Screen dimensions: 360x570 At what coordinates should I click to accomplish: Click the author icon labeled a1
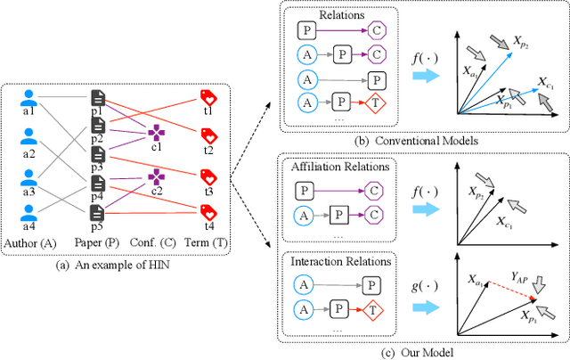click(28, 98)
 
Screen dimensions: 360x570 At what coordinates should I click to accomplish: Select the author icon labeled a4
click(28, 213)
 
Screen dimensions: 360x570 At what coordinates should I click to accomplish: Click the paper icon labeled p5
click(97, 213)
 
